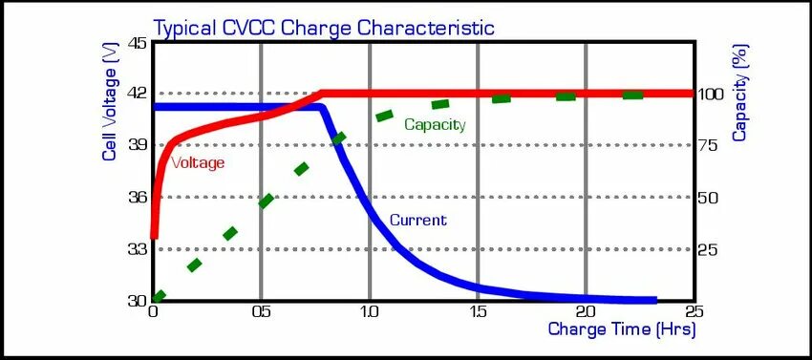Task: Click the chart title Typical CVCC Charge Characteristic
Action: (x=325, y=27)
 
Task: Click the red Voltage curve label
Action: (x=198, y=162)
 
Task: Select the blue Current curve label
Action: (x=417, y=220)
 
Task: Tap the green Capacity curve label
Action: (x=435, y=124)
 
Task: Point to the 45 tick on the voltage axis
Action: (x=137, y=43)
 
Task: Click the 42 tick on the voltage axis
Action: (x=137, y=94)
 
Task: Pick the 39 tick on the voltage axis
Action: (x=137, y=145)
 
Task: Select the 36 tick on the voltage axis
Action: (x=137, y=197)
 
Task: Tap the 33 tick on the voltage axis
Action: (x=137, y=249)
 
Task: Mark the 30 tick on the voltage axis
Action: (x=137, y=300)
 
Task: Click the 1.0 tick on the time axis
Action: (x=369, y=311)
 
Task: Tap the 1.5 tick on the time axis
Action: (x=477, y=311)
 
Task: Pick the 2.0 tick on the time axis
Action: (x=585, y=311)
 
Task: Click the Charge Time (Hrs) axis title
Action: (x=621, y=329)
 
